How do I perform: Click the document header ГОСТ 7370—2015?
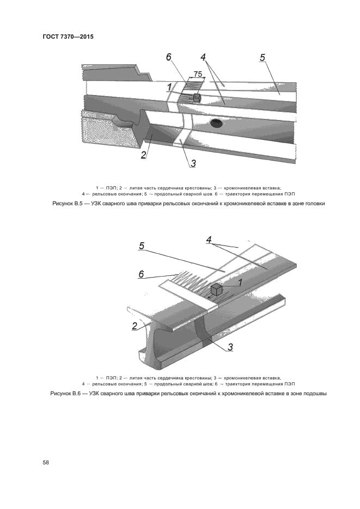pyautogui.click(x=68, y=36)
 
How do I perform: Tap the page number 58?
pyautogui.click(x=46, y=463)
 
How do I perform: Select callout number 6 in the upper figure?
pyautogui.click(x=169, y=57)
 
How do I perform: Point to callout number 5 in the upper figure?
pyautogui.click(x=262, y=57)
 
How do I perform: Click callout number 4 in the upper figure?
pyautogui.click(x=203, y=57)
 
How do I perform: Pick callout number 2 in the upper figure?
pyautogui.click(x=144, y=155)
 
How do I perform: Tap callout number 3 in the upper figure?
pyautogui.click(x=193, y=163)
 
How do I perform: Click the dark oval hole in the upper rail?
pyautogui.click(x=215, y=122)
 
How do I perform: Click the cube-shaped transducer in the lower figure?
pyautogui.click(x=216, y=289)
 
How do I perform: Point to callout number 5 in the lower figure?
pyautogui.click(x=141, y=246)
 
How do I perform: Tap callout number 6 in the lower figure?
pyautogui.click(x=141, y=274)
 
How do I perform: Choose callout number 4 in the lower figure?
pyautogui.click(x=209, y=240)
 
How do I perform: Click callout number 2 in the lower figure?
pyautogui.click(x=134, y=326)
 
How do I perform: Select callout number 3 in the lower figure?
pyautogui.click(x=230, y=347)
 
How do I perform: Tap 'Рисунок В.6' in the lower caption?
pyautogui.click(x=64, y=394)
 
